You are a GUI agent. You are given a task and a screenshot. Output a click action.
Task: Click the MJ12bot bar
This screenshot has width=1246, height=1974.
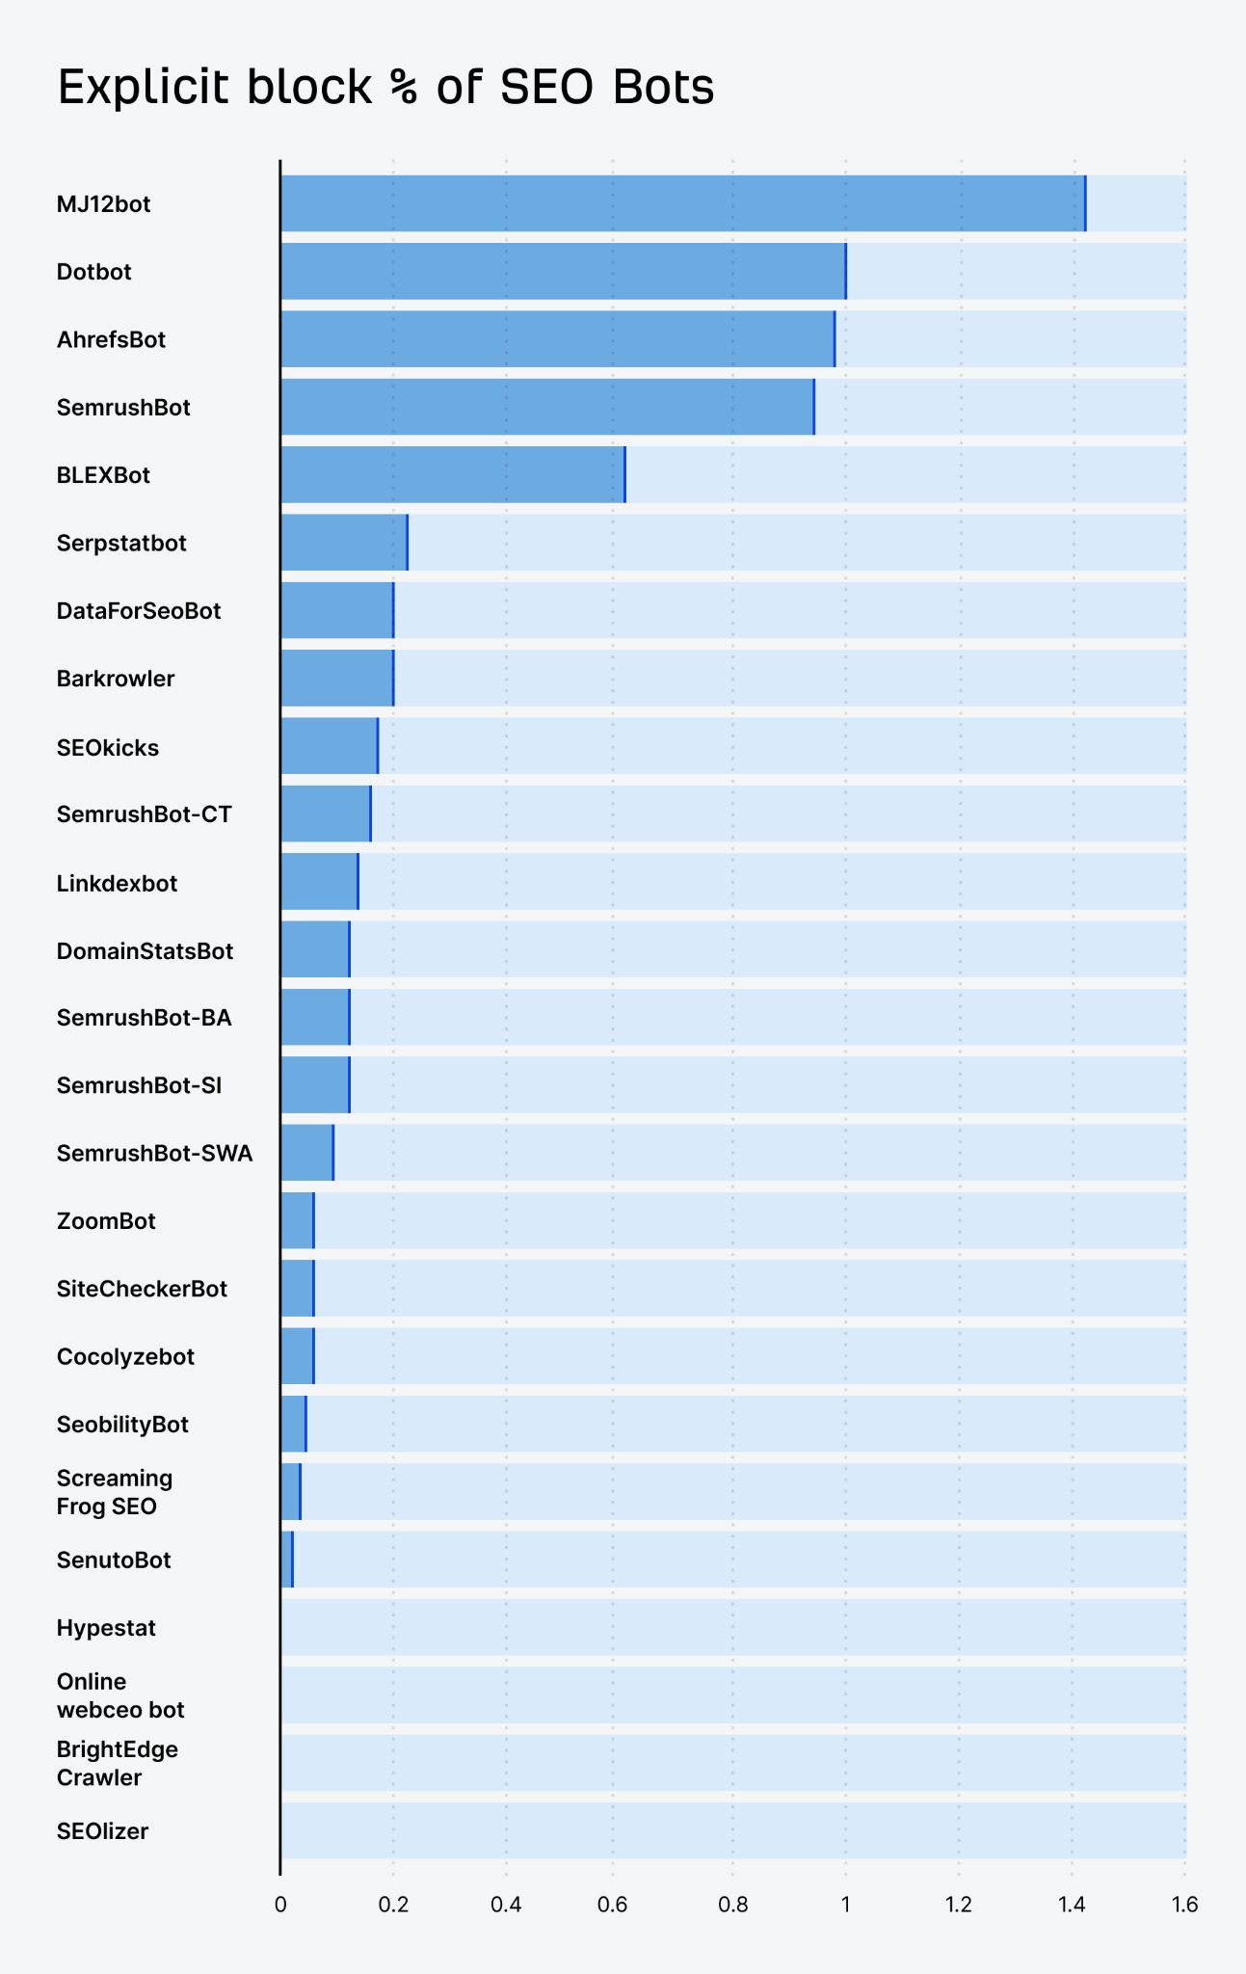682,203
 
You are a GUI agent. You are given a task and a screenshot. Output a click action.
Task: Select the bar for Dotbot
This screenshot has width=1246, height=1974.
563,272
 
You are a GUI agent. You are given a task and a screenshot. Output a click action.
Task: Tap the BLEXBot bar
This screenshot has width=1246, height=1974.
453,474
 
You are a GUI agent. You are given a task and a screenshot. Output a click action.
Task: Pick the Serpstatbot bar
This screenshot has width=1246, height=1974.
344,543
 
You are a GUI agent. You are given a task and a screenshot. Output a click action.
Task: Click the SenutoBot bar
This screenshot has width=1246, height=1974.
286,1560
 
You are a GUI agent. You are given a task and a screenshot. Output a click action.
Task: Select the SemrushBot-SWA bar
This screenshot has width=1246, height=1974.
307,1153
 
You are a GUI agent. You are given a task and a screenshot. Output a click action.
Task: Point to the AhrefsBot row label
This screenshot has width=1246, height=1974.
111,339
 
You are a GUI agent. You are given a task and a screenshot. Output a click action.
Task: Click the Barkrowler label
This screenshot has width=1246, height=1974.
116,679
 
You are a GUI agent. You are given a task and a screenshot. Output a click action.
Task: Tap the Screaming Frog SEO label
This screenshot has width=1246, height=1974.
114,1492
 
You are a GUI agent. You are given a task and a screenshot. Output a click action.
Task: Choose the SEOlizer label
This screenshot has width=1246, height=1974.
102,1831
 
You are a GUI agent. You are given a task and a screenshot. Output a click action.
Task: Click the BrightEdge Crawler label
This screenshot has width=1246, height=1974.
117,1763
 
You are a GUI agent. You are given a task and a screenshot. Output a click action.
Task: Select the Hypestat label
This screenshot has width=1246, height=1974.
106,1628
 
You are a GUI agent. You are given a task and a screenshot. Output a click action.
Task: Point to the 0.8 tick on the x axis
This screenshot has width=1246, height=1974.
732,1905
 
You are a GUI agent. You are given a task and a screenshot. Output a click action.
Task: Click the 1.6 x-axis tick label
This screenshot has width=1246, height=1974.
1184,1905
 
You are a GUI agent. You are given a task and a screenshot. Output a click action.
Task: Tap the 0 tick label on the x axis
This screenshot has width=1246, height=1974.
280,1905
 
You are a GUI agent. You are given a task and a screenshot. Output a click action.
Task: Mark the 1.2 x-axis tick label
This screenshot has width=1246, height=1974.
958,1905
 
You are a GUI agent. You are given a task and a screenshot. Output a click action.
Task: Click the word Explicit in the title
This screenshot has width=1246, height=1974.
144,88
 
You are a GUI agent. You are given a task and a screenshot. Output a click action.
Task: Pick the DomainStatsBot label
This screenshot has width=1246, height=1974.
145,951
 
